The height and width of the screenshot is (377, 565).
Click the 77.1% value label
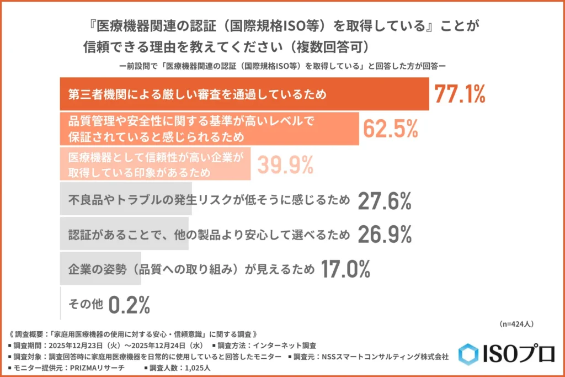[460, 94]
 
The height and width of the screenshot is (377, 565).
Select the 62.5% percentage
[390, 129]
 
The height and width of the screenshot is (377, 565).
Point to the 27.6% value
[385, 201]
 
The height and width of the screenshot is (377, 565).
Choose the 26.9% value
[385, 236]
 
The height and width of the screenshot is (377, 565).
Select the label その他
[84, 304]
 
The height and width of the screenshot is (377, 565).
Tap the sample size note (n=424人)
[516, 323]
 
